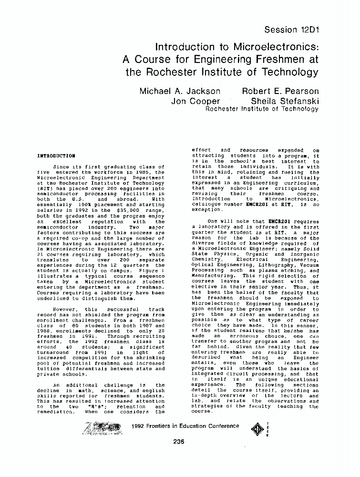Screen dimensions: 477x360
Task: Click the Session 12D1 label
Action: tap(291, 30)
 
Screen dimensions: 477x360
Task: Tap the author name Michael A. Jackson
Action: tap(180, 91)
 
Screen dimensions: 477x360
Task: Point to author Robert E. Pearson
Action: tap(280, 91)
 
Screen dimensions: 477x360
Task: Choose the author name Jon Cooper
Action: tap(195, 101)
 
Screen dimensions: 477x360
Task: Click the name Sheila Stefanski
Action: tap(285, 101)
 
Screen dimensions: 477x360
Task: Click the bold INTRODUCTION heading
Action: tap(56, 156)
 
